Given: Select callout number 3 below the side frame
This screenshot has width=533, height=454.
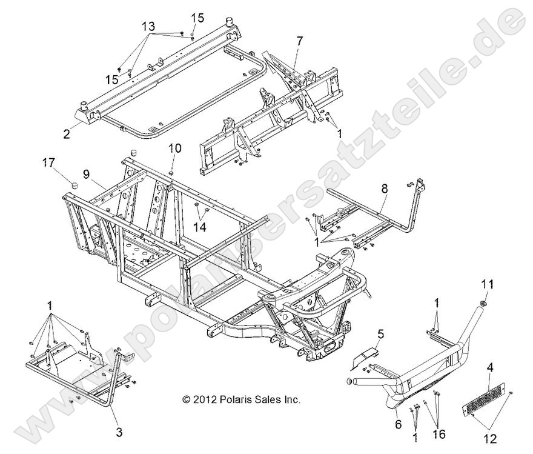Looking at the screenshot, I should [119, 432].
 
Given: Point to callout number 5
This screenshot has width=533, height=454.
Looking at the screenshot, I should [381, 333].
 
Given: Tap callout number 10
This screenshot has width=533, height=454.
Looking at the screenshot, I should [174, 148].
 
